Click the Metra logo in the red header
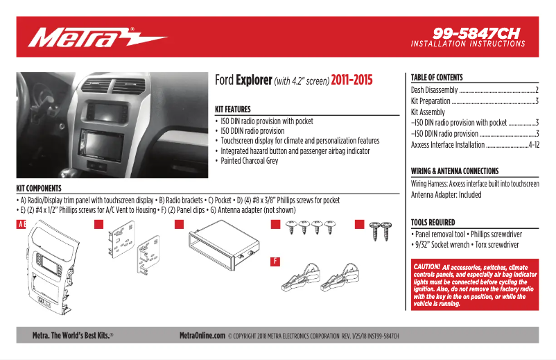[97, 37]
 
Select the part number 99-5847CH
[476, 33]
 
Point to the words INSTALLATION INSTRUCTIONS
[468, 44]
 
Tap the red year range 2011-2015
[351, 80]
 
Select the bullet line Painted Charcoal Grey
[250, 161]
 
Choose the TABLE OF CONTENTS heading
[437, 78]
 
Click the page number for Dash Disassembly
[537, 91]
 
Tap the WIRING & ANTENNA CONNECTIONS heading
[455, 171]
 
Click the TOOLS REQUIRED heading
[433, 223]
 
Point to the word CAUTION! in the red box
[426, 267]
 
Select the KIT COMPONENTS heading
[39, 189]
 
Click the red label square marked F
[275, 262]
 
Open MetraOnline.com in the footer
[202, 336]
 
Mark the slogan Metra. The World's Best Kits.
[73, 336]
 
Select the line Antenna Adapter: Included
[446, 195]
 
